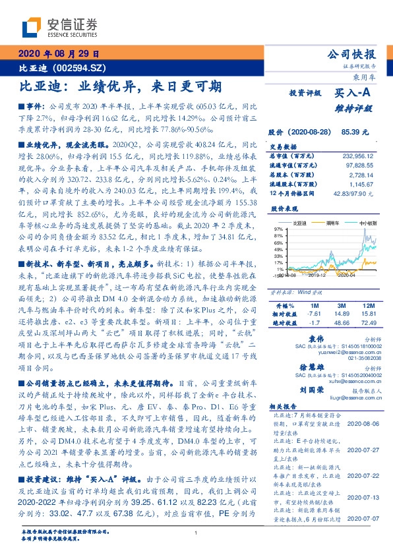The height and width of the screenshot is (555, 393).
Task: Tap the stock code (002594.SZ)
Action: [x=75, y=67]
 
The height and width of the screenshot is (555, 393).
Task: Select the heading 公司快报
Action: [x=354, y=54]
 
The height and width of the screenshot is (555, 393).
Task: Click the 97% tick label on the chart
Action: [x=278, y=227]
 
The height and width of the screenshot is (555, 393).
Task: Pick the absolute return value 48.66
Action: [x=341, y=322]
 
